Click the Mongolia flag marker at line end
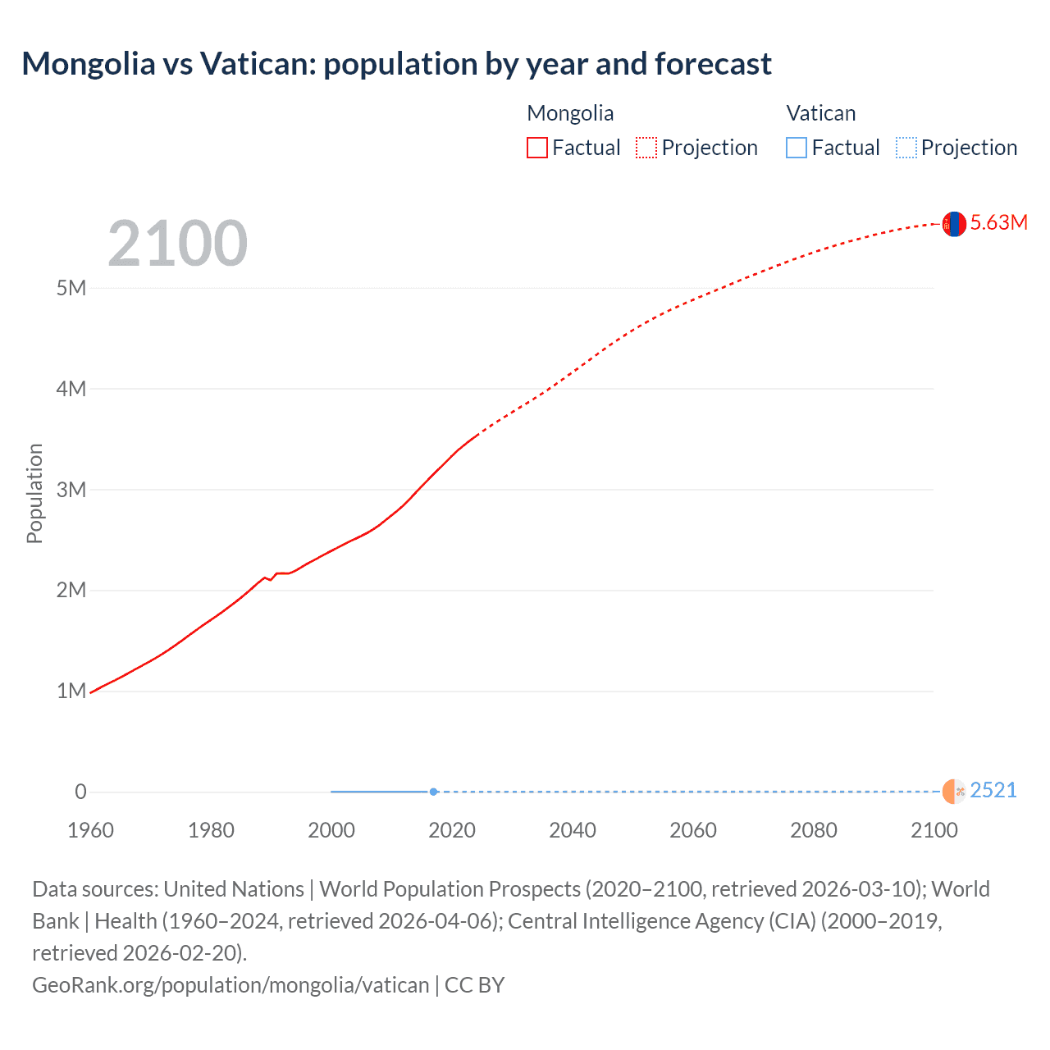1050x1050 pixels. click(953, 223)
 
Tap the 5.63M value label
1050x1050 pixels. click(998, 222)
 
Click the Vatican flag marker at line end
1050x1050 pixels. click(953, 792)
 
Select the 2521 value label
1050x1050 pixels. click(993, 790)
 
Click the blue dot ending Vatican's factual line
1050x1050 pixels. click(433, 792)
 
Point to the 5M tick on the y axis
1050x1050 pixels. click(71, 288)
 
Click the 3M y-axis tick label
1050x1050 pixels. click(71, 490)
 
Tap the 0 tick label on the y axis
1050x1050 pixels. click(80, 792)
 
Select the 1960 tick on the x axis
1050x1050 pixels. click(90, 830)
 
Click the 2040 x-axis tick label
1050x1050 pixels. click(572, 830)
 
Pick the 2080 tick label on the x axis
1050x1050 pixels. click(813, 830)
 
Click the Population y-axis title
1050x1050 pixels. click(34, 493)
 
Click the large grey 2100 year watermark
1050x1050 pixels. click(177, 243)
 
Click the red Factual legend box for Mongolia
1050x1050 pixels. click(536, 148)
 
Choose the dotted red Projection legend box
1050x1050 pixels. click(646, 148)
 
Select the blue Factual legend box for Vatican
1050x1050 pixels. click(796, 148)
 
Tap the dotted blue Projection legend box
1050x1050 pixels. click(906, 148)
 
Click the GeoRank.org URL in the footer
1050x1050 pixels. click(231, 984)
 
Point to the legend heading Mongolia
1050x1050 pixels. click(570, 113)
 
